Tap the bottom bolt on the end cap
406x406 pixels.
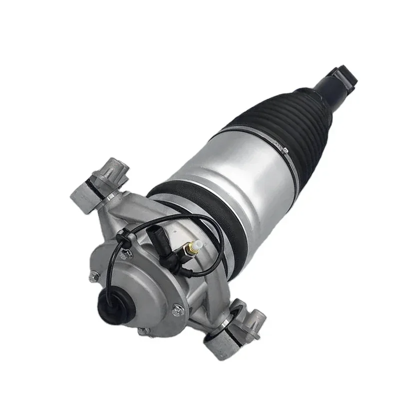(x=143, y=331)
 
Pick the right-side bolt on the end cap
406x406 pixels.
(x=176, y=311)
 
